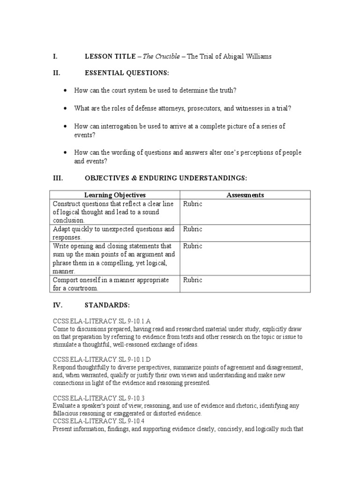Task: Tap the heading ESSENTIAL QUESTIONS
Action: [127, 73]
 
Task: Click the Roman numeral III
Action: [57, 178]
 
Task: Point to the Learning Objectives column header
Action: [115, 195]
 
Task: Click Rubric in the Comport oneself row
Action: [193, 280]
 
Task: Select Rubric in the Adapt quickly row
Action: [193, 229]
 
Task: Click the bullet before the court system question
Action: [65, 90]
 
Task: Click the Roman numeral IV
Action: [57, 305]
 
